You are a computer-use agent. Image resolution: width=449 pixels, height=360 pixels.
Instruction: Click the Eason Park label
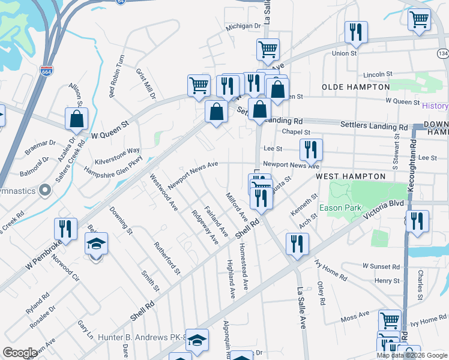pos(339,208)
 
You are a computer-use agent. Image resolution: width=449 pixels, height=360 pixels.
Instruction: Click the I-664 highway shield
pos(46,71)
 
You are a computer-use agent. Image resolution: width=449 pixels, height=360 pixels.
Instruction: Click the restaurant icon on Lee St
pos(310,149)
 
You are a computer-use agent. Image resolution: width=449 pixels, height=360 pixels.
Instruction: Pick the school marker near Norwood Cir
pos(95,244)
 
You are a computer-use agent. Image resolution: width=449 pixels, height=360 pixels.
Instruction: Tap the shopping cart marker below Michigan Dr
pos(268,50)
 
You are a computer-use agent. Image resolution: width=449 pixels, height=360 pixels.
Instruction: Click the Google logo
pos(20,352)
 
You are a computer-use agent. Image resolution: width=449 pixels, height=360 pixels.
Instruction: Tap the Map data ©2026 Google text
pos(412,355)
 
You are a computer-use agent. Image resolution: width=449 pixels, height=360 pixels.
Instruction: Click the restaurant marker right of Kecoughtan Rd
pos(417,221)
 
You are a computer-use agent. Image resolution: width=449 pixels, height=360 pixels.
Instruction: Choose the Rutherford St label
pos(167,257)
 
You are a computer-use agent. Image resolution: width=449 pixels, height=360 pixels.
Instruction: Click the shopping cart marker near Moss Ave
pos(390,321)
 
